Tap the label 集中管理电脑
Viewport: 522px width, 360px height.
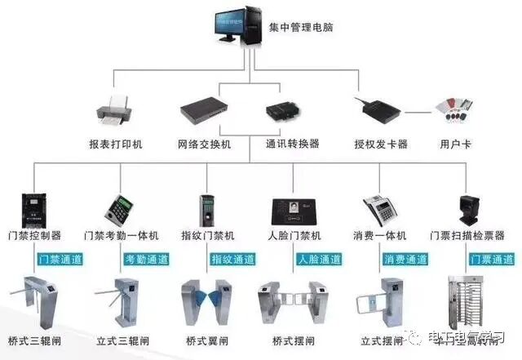(301, 28)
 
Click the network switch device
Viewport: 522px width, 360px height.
(204, 110)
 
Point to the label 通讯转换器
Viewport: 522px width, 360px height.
(292, 144)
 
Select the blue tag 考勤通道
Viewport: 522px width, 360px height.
(147, 260)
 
